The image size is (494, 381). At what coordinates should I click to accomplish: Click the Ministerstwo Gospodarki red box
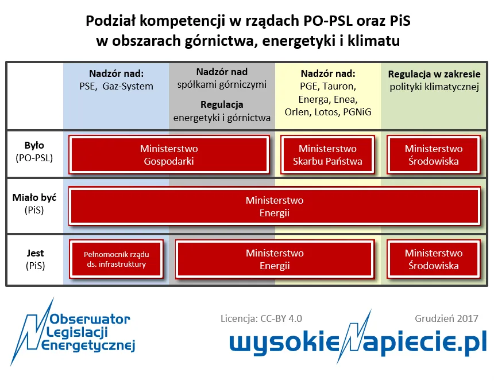[169, 155]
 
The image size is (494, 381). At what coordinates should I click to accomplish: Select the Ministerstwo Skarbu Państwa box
[327, 155]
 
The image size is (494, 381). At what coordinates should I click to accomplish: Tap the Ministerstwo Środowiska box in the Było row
[433, 155]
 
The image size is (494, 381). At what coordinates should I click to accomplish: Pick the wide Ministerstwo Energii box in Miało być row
[275, 207]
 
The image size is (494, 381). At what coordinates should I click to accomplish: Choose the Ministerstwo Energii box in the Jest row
[275, 259]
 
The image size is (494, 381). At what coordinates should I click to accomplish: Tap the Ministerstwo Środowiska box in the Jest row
[433, 259]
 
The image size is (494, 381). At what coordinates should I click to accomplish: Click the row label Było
[34, 146]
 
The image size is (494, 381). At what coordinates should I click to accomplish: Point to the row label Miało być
[34, 198]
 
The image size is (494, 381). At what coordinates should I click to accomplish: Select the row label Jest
[34, 253]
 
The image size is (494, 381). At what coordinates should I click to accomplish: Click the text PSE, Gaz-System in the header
[116, 87]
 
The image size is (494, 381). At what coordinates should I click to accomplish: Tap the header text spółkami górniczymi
[222, 85]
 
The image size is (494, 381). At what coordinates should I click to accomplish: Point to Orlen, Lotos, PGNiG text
[328, 112]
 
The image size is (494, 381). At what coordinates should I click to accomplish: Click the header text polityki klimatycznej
[434, 87]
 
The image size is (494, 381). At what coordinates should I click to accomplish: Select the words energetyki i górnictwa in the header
[222, 118]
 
